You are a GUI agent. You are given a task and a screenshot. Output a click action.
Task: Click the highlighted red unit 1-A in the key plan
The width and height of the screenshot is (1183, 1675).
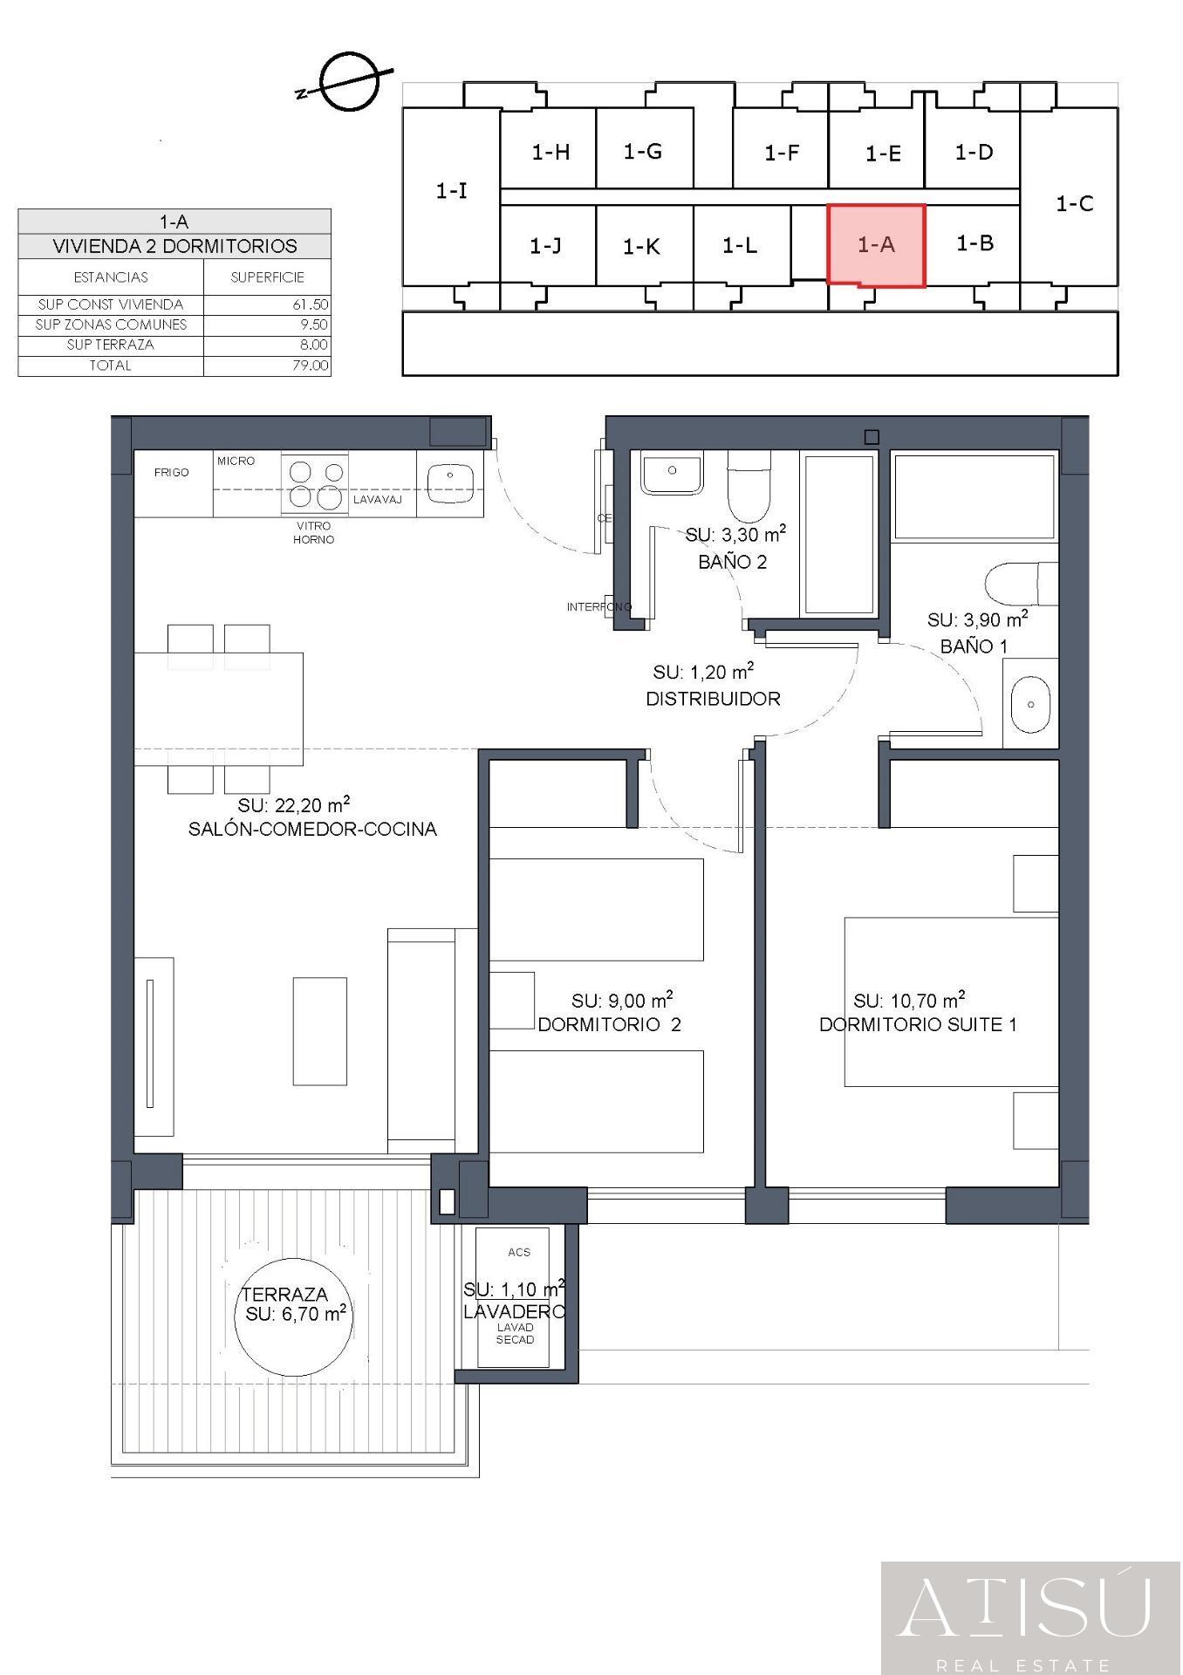pyautogui.click(x=876, y=245)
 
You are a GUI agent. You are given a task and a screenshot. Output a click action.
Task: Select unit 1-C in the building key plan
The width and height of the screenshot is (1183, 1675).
pyautogui.click(x=1074, y=203)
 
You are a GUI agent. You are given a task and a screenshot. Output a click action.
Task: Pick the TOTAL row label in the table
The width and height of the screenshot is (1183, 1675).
pyautogui.click(x=110, y=366)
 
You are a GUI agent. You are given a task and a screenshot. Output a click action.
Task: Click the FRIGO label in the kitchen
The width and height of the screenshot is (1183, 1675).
pyautogui.click(x=171, y=472)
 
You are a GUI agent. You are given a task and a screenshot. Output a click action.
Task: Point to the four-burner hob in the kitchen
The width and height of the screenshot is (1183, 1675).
pyautogui.click(x=315, y=484)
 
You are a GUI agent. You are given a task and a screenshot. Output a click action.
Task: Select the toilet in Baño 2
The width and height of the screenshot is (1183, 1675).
pyautogui.click(x=749, y=487)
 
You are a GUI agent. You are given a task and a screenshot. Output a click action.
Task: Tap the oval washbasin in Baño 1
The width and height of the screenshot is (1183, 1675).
pyautogui.click(x=1030, y=704)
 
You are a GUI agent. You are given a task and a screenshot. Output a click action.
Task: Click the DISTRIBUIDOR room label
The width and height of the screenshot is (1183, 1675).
pyautogui.click(x=713, y=699)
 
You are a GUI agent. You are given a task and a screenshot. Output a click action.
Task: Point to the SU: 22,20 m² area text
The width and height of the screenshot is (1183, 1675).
pyautogui.click(x=294, y=804)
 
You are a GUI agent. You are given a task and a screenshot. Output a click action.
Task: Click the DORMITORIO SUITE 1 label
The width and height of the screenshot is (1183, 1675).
pyautogui.click(x=918, y=1024)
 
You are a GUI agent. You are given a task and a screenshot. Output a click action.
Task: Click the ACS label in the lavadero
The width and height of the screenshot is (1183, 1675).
pyautogui.click(x=518, y=1252)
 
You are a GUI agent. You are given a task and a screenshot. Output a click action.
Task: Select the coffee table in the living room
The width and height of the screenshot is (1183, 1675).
pyautogui.click(x=319, y=1030)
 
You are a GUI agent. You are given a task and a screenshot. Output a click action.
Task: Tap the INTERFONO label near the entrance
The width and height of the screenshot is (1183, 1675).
pyautogui.click(x=598, y=606)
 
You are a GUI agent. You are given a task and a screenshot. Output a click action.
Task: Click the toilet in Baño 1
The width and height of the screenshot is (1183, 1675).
pyautogui.click(x=1021, y=583)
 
